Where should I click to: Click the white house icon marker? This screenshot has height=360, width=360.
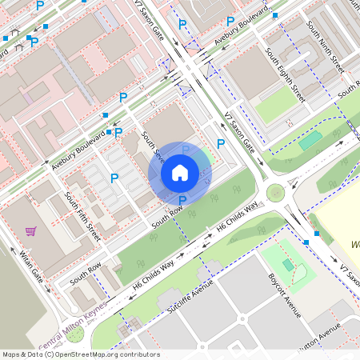point(180,172)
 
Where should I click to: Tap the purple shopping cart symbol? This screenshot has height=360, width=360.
point(31,231)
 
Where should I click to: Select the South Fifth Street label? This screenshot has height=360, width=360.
point(82,217)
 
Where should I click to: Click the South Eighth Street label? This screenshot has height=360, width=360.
point(286,73)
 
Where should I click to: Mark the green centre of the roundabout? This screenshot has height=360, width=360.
point(276,192)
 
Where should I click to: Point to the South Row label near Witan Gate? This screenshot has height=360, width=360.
point(86,273)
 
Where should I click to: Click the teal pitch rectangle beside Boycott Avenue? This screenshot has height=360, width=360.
point(289,265)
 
